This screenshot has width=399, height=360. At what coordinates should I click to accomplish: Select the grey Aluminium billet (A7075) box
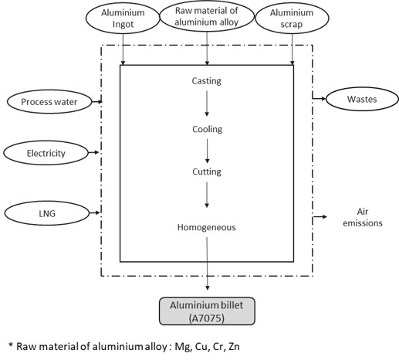click(206, 310)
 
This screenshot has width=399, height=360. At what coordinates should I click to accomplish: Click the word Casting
click(207, 80)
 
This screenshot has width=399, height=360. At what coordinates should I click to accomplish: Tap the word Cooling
click(207, 129)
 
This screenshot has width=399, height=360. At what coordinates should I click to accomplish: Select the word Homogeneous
click(207, 227)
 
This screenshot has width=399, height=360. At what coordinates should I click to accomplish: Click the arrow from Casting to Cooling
click(207, 104)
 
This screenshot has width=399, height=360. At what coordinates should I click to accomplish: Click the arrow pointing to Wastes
click(318, 98)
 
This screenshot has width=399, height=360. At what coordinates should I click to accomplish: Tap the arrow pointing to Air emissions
click(318, 217)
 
